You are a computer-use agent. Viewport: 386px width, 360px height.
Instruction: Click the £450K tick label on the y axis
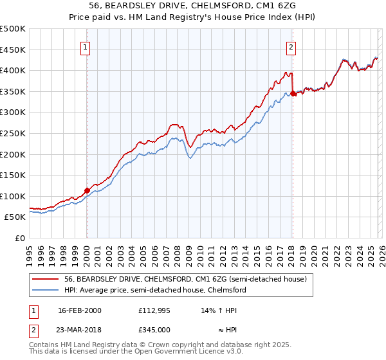click(13, 50)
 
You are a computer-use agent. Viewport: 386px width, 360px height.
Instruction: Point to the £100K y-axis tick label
click(13, 196)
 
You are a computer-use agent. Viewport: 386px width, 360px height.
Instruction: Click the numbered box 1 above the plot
click(86, 46)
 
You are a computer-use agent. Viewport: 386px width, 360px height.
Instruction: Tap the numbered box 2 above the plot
click(291, 46)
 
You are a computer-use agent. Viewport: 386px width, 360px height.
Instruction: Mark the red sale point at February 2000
click(87, 190)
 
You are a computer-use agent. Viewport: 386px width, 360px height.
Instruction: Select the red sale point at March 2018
click(293, 93)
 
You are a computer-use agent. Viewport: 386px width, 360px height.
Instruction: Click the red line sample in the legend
click(46, 280)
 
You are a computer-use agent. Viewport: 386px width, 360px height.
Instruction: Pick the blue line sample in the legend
click(46, 291)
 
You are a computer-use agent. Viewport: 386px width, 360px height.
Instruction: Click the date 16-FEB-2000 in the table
click(80, 310)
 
